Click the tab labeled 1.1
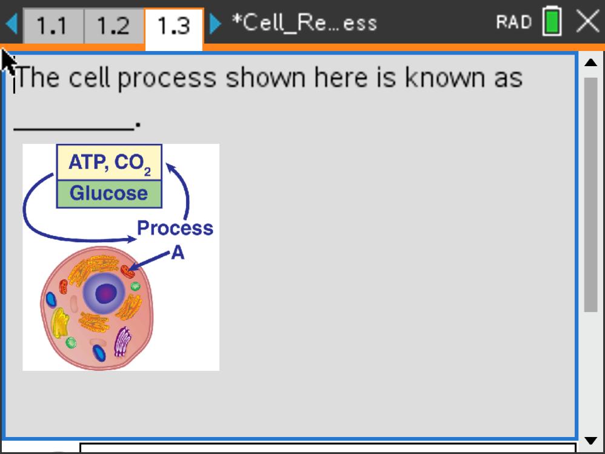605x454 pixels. [53, 26]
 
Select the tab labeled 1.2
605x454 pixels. [114, 26]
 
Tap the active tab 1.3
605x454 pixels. [174, 27]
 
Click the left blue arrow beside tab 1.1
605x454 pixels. [12, 24]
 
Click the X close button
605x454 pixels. [587, 22]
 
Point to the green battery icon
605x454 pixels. [552, 22]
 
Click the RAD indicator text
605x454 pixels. [513, 22]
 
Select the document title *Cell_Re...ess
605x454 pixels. [304, 23]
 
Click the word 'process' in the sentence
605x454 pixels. [167, 79]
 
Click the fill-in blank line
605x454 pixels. [74, 129]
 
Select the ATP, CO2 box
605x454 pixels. [109, 162]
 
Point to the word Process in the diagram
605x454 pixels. [175, 228]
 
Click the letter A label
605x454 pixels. [178, 253]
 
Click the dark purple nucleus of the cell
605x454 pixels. [105, 294]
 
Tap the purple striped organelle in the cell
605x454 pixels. [122, 342]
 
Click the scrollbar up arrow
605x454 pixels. [590, 63]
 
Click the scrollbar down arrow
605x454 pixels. [590, 441]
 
